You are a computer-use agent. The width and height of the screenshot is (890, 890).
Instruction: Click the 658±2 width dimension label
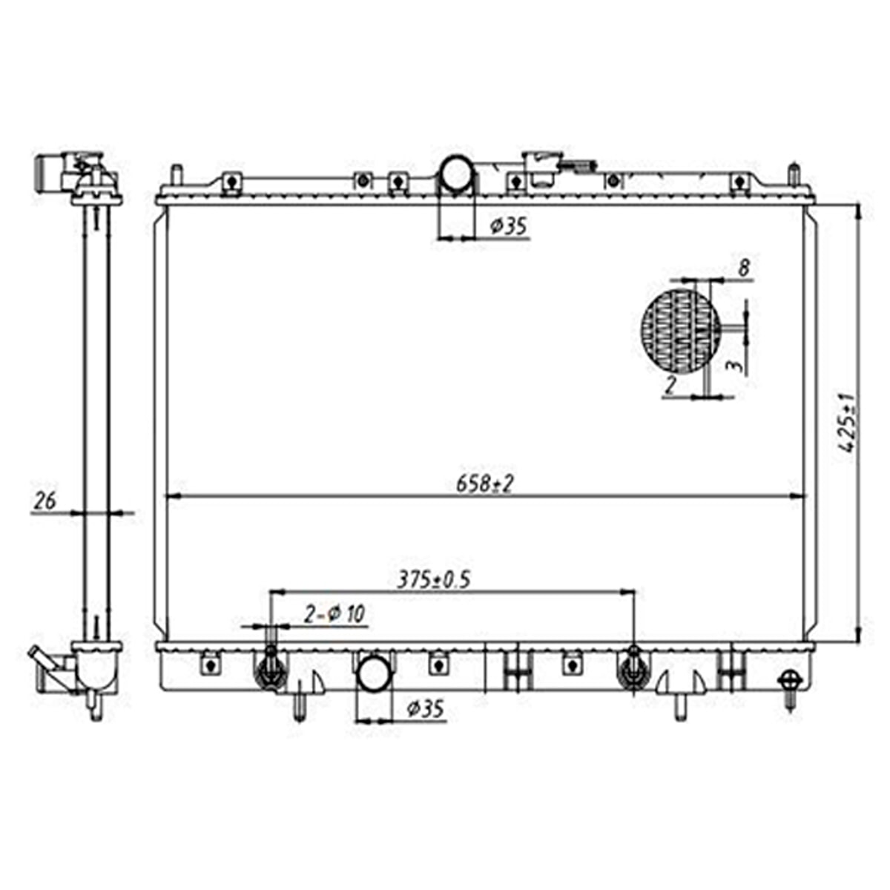(484, 484)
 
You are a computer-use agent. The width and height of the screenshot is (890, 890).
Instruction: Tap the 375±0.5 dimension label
(433, 581)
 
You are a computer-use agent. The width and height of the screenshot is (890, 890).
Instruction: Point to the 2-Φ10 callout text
(334, 614)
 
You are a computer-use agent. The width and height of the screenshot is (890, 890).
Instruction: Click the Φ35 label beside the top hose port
(507, 227)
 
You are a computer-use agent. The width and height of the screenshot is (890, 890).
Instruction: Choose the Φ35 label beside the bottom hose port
(425, 709)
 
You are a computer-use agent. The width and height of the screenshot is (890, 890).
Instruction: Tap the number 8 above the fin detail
(743, 268)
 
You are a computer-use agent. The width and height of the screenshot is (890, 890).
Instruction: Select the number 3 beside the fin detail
(736, 366)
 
